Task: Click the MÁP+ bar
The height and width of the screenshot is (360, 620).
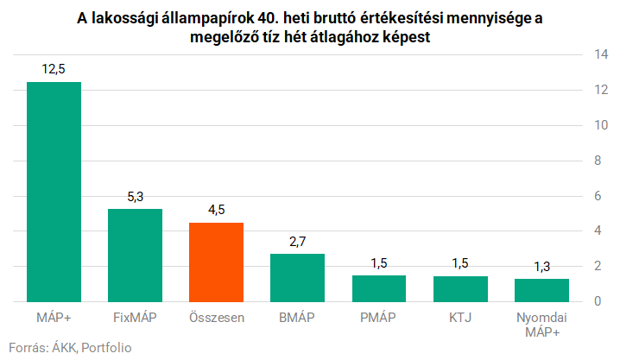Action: (54, 192)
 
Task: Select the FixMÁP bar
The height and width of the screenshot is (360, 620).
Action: (135, 255)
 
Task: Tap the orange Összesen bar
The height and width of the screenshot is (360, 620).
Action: (216, 262)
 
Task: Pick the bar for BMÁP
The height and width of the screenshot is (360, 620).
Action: (297, 277)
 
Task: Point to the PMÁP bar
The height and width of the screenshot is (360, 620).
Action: (378, 288)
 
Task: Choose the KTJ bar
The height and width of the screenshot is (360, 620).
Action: (460, 288)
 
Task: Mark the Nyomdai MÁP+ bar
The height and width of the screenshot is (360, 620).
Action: (541, 290)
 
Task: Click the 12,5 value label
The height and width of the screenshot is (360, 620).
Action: (54, 69)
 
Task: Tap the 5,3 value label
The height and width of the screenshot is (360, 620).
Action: (135, 196)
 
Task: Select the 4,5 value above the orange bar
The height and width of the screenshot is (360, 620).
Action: (216, 210)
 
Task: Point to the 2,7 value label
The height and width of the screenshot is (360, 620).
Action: (297, 242)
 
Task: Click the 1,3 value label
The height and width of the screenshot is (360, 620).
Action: (541, 267)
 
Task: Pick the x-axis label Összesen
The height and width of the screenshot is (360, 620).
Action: (216, 317)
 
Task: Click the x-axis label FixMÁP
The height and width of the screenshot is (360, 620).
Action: (135, 317)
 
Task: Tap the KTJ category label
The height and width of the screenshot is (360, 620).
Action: (460, 317)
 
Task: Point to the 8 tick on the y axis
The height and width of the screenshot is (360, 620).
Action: (596, 161)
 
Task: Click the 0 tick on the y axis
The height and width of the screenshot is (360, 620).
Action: (596, 301)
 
